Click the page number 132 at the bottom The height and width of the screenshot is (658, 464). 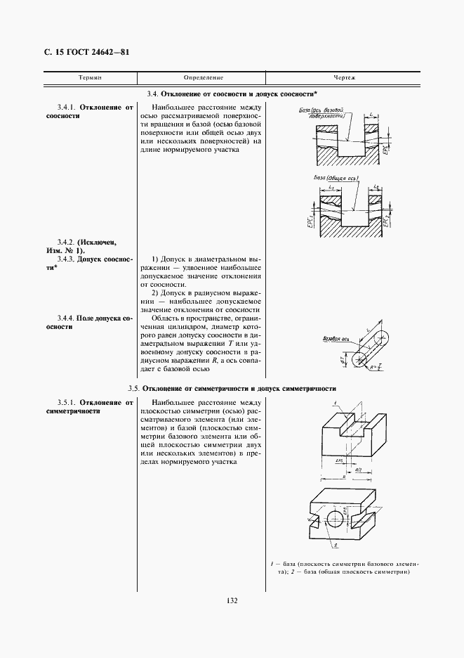point(232,600)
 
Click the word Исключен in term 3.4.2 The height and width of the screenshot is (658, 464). point(98,242)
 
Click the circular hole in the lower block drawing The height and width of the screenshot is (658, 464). point(336,518)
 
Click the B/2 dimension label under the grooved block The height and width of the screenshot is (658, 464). point(358,467)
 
